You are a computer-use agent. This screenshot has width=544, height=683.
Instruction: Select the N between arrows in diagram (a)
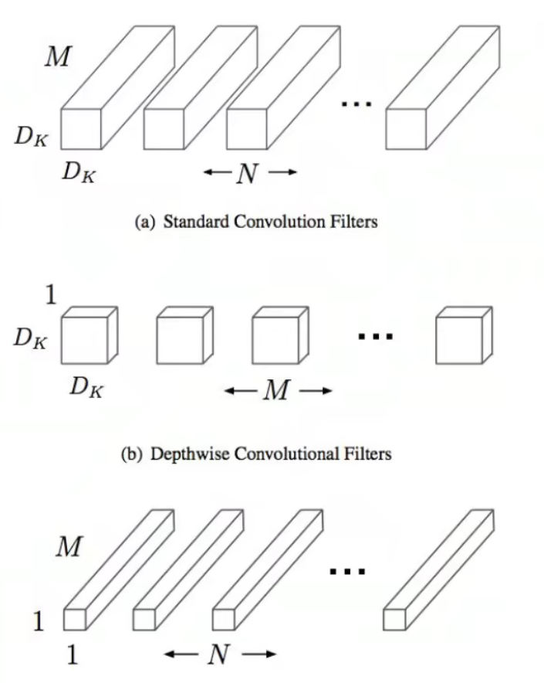click(x=248, y=175)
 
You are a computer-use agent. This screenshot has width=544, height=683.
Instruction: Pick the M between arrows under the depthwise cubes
click(x=277, y=391)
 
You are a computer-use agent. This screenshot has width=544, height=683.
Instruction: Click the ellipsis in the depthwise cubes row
click(x=376, y=336)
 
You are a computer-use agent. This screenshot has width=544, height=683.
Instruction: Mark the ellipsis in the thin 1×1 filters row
click(x=346, y=572)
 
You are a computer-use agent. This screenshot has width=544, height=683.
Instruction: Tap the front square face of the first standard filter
click(x=81, y=129)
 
